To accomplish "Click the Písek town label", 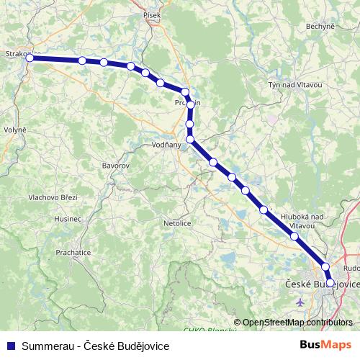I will tap(152, 14).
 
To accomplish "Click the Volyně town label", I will tap(14, 130).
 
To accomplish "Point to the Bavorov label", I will tap(115, 166).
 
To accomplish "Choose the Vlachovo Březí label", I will tap(53, 197).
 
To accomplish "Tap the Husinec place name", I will tap(68, 218).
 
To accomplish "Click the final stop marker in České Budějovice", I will tap(330, 283).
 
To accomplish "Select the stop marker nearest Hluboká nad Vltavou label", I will tap(294, 235).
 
